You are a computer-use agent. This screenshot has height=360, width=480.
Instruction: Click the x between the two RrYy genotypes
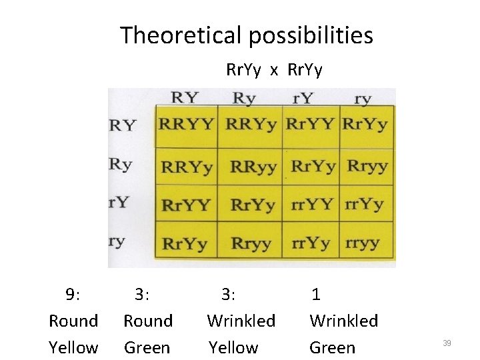coord(274,70)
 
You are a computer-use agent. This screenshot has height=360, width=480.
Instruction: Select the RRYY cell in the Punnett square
coord(187,124)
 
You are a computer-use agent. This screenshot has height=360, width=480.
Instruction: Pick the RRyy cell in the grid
coord(253,166)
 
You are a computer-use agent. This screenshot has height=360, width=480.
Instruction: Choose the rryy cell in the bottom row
coord(365,243)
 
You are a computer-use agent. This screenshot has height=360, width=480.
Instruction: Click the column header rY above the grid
coord(303,99)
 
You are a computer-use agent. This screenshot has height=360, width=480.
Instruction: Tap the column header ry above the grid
coord(363,99)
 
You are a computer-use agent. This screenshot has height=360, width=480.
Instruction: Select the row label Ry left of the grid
coord(121,164)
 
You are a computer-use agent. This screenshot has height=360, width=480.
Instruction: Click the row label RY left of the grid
coord(123,125)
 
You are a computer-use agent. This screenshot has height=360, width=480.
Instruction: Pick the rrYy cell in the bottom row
coord(311,243)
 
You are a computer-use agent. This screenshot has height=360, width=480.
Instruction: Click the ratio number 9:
coord(73,294)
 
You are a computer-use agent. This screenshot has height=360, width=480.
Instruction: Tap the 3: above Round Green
coord(142,294)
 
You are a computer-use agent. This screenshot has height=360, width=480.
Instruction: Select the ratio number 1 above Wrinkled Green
coord(316,294)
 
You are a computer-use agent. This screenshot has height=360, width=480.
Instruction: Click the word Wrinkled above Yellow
coord(241,321)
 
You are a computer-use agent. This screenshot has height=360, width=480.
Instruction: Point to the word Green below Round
coord(147,347)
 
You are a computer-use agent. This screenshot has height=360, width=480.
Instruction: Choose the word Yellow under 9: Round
coord(73,347)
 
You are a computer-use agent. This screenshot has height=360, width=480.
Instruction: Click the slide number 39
coord(447,343)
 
